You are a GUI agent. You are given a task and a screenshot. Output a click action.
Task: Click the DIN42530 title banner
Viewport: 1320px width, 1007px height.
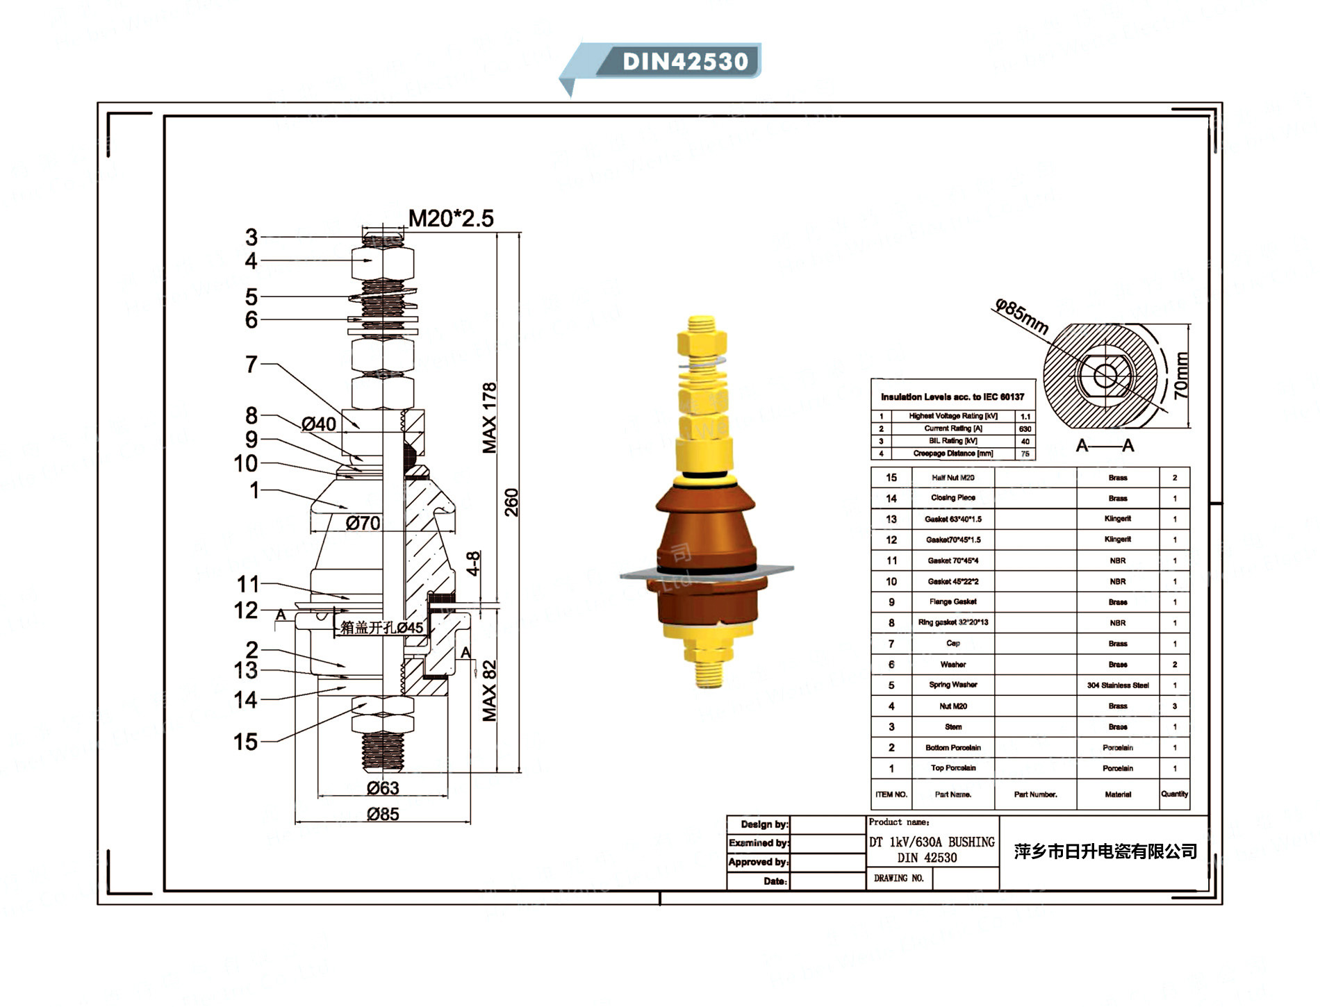pyautogui.click(x=684, y=61)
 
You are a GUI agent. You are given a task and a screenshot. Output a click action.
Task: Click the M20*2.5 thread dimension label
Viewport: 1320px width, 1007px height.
pyautogui.click(x=450, y=219)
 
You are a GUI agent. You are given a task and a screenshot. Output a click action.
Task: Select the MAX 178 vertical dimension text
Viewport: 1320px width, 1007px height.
pyautogui.click(x=490, y=417)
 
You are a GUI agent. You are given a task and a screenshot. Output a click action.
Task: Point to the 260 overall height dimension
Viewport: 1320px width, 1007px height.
pyautogui.click(x=511, y=502)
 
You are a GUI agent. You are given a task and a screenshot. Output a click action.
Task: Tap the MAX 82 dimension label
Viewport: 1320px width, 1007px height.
pyautogui.click(x=490, y=690)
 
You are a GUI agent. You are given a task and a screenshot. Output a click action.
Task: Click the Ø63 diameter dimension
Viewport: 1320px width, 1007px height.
pyautogui.click(x=383, y=788)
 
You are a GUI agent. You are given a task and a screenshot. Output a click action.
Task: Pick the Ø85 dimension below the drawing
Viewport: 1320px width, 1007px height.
pyautogui.click(x=383, y=814)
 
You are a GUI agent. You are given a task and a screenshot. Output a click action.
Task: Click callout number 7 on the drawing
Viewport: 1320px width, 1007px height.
pyautogui.click(x=251, y=365)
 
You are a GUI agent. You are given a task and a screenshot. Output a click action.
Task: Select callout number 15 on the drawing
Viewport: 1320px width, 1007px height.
pyautogui.click(x=245, y=742)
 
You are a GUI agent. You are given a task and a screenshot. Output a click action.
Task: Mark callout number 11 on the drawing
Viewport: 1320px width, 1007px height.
pyautogui.click(x=247, y=584)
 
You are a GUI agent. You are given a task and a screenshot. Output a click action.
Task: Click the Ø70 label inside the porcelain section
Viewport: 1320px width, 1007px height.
pyautogui.click(x=363, y=523)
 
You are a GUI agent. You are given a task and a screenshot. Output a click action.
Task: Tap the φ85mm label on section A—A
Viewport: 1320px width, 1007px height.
pyautogui.click(x=1021, y=317)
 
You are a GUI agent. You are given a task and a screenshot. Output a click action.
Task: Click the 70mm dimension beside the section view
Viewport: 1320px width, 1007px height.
pyautogui.click(x=1182, y=375)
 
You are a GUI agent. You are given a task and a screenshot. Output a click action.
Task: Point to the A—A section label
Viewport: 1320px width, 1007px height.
pyautogui.click(x=1105, y=445)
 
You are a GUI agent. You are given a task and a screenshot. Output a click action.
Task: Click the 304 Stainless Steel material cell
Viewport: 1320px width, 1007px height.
pyautogui.click(x=1117, y=685)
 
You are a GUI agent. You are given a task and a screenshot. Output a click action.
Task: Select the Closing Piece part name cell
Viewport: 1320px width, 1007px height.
pyautogui.click(x=952, y=498)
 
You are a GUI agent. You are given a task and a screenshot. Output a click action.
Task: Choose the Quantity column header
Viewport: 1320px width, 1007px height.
pyautogui.click(x=1174, y=794)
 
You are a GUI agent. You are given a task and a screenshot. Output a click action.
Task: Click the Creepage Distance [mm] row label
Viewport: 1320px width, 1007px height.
pyautogui.click(x=952, y=453)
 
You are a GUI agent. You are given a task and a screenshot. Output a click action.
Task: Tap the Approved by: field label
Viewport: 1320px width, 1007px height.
pyautogui.click(x=758, y=862)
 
